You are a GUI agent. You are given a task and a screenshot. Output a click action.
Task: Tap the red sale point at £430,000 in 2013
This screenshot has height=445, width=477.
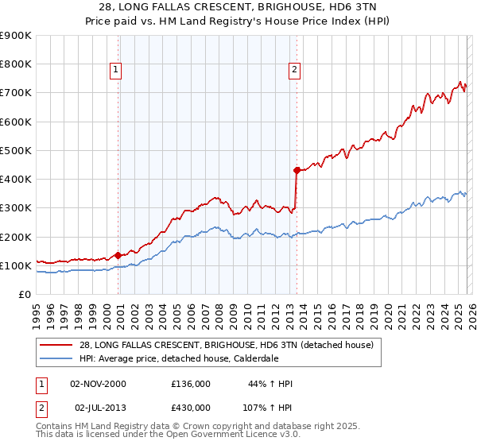pos(297,169)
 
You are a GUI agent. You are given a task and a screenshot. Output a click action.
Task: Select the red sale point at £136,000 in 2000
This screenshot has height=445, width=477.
pos(118,255)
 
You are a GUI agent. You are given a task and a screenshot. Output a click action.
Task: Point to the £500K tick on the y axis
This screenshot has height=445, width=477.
pos(17,150)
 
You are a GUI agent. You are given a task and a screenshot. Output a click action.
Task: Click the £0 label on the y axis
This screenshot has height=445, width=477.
pos(25,294)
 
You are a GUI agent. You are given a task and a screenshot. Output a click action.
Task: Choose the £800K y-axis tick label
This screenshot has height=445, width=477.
pos(17,64)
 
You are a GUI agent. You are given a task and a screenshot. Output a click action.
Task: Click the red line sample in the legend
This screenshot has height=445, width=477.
pos(56,345)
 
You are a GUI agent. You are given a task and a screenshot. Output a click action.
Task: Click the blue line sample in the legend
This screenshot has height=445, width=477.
pos(56,359)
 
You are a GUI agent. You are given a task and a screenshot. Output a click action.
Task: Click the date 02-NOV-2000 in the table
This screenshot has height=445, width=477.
pos(98,384)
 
